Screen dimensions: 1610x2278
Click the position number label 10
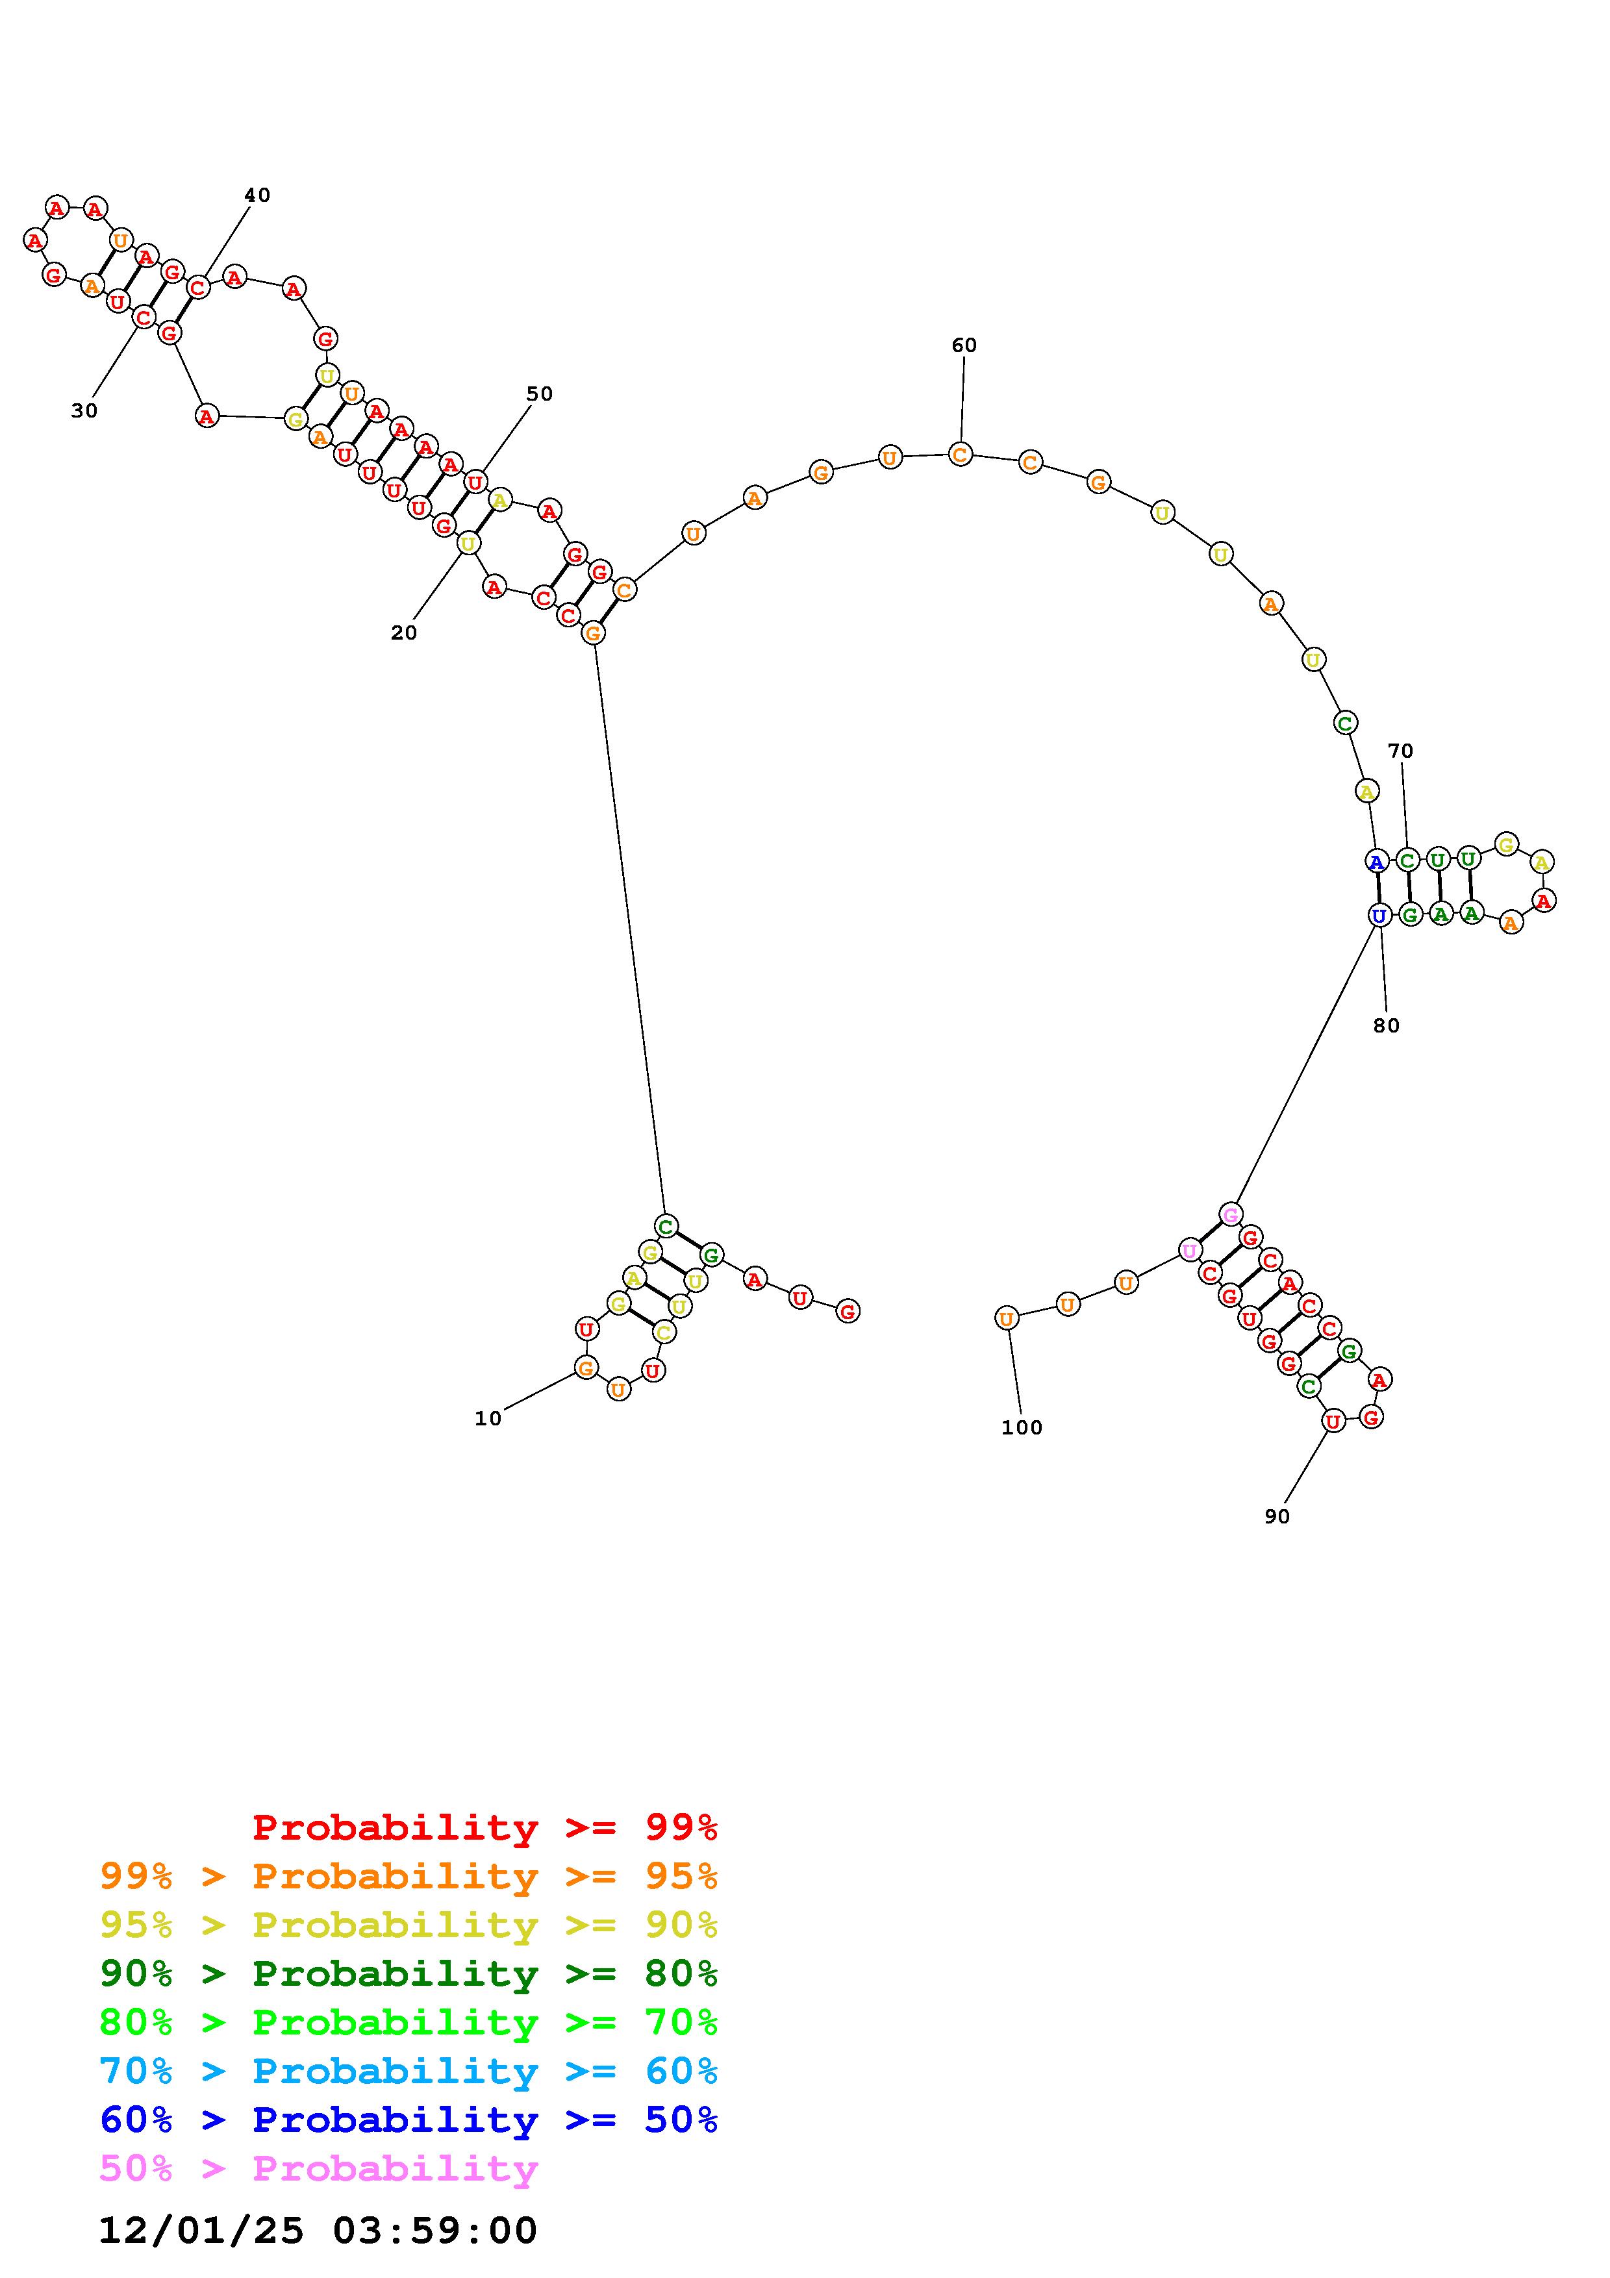click(488, 1419)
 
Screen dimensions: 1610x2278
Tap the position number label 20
click(404, 633)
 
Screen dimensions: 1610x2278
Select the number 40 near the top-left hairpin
click(257, 195)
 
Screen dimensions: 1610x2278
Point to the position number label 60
click(964, 345)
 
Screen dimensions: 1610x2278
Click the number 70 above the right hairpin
click(1401, 751)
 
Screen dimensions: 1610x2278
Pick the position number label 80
click(1387, 1026)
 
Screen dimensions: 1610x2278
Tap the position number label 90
click(1277, 1517)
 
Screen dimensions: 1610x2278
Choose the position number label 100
click(1022, 1428)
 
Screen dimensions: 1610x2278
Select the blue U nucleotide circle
click(1378, 916)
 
